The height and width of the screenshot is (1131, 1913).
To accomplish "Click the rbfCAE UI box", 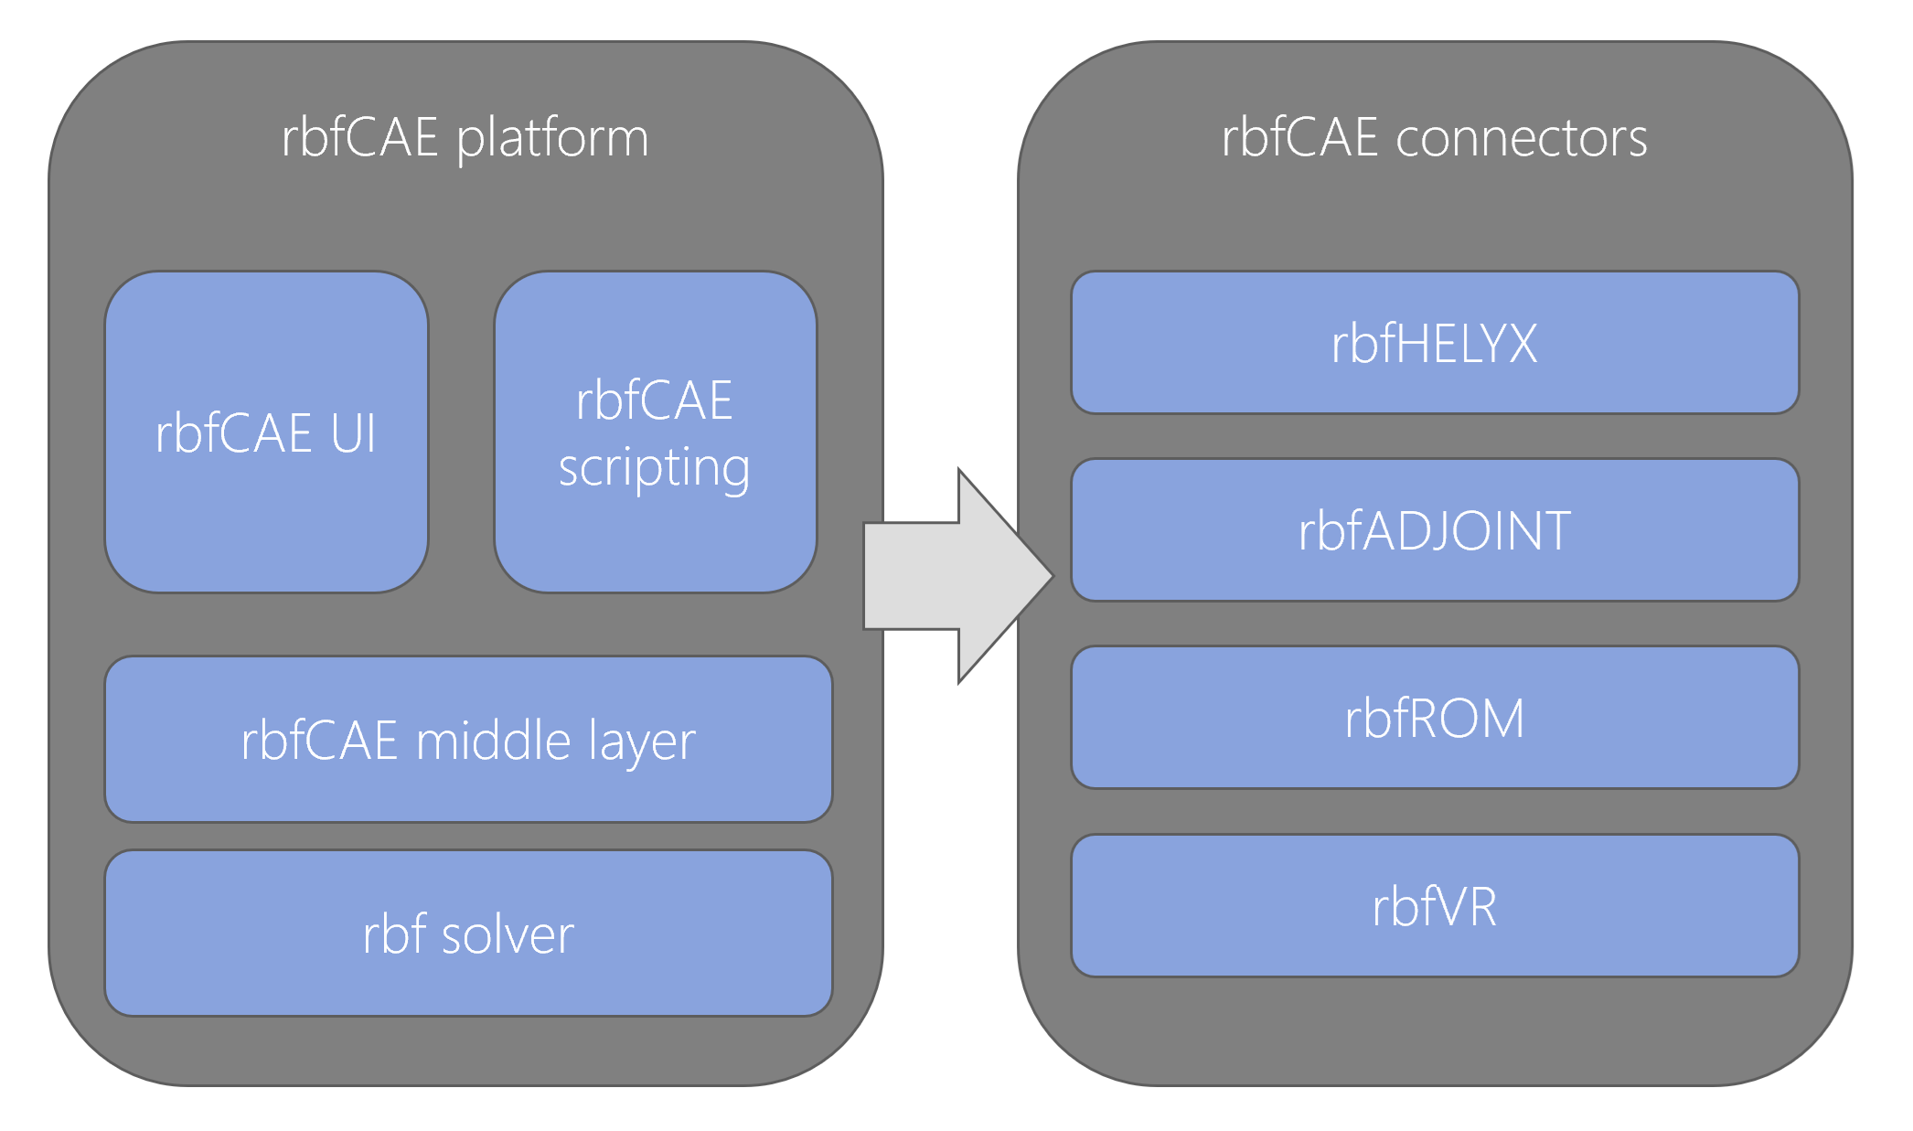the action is pos(266,432).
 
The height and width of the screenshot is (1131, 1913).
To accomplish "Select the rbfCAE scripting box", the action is pos(656,432).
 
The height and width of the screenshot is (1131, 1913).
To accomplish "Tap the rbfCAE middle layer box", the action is pos(468,739).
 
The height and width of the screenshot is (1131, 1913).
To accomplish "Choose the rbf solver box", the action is pos(468,933).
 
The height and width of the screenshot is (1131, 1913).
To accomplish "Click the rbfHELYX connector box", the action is pos(1435,342).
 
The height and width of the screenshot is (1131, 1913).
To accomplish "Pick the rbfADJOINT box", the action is pos(1435,530).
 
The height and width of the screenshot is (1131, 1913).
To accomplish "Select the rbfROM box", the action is pos(1435,718).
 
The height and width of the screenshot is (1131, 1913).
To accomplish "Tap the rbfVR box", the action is pos(1435,905).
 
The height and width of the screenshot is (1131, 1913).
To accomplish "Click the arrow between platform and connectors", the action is pos(958,576).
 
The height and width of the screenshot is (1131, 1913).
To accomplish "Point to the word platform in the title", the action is pos(552,139).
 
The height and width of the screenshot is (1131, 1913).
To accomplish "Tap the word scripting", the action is pos(655,469).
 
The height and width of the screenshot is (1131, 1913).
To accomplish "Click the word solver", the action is pos(508,935).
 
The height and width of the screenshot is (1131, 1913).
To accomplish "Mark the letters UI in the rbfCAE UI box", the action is pos(353,433).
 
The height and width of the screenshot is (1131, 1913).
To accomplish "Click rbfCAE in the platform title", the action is pos(360,138).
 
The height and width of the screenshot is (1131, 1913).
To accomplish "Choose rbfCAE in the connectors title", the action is pos(1300,138).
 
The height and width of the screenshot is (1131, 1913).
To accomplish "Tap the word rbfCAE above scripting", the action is pos(655,400).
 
